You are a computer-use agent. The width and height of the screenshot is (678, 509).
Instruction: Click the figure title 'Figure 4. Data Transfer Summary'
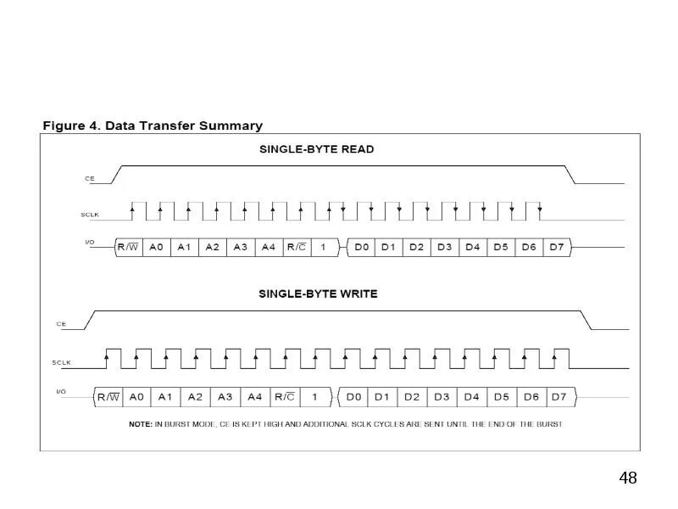(x=153, y=126)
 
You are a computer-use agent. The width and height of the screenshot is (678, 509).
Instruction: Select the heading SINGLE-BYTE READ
(x=316, y=149)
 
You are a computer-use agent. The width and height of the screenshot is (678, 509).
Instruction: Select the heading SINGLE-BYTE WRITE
(x=318, y=294)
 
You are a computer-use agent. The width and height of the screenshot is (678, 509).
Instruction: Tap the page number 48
(x=627, y=478)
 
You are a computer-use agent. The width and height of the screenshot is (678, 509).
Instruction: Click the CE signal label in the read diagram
(x=90, y=179)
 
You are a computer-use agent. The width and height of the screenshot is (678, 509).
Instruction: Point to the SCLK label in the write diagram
(x=61, y=363)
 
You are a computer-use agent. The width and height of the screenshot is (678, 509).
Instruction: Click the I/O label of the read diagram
(x=90, y=243)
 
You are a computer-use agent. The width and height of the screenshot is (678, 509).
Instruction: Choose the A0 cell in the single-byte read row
(x=156, y=247)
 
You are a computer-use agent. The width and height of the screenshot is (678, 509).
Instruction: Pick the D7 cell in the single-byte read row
(x=556, y=247)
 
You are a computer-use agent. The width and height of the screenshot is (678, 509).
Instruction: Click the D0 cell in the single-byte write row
(x=353, y=396)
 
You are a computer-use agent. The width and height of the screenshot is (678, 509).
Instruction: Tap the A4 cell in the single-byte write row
(x=254, y=396)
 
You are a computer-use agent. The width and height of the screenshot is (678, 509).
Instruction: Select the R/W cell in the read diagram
(x=128, y=247)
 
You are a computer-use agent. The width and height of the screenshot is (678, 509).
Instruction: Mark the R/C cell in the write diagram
(x=284, y=396)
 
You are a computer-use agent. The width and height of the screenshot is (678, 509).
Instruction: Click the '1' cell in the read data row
(x=323, y=247)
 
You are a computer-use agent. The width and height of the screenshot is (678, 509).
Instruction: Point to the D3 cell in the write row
(x=442, y=396)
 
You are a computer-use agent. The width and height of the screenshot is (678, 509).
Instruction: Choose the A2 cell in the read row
(x=212, y=247)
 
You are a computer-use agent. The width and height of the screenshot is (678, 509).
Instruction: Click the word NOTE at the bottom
(x=140, y=424)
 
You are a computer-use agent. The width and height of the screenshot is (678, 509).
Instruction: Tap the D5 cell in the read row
(x=500, y=247)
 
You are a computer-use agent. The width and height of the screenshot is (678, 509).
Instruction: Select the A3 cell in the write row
(x=225, y=396)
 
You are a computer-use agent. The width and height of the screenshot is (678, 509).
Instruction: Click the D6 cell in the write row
(x=531, y=396)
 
